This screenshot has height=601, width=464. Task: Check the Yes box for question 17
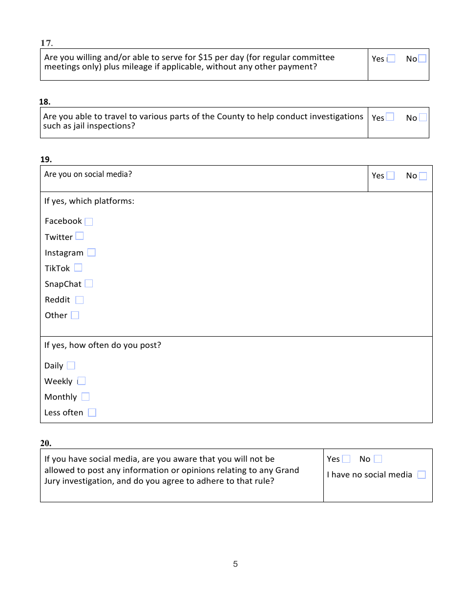(391, 59)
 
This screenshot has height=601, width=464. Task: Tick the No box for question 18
(423, 117)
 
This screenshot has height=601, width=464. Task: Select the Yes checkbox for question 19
(390, 175)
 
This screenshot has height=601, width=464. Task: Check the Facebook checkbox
(88, 221)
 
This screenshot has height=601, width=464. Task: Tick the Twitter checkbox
(80, 236)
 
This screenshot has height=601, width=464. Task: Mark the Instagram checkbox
(91, 253)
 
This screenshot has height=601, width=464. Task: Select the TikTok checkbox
(78, 268)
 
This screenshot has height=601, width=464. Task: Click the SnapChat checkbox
(88, 283)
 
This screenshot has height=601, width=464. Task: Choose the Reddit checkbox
(80, 300)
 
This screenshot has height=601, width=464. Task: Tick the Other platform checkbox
(75, 315)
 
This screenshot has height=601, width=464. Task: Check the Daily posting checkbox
(71, 365)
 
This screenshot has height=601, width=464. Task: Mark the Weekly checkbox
(82, 381)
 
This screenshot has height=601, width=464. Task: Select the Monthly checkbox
(85, 397)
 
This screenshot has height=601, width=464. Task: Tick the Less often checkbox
(92, 412)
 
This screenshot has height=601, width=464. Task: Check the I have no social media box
(422, 474)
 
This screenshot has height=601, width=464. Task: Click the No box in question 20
(378, 459)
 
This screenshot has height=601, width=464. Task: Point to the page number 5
(235, 564)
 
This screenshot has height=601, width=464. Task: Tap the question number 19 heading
(46, 159)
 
